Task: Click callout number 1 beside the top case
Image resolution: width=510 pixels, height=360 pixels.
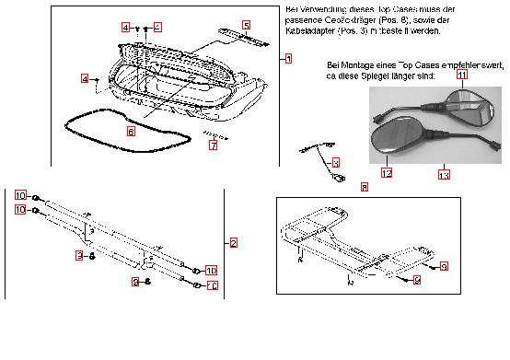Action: click(288, 59)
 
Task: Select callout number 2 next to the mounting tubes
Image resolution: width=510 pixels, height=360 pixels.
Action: click(234, 243)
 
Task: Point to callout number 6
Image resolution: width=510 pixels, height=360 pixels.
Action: click(131, 132)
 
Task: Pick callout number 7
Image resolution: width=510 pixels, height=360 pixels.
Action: click(213, 145)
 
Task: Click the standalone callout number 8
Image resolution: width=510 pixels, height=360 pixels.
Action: click(364, 187)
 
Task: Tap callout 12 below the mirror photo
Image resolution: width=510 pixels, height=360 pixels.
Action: click(387, 172)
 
